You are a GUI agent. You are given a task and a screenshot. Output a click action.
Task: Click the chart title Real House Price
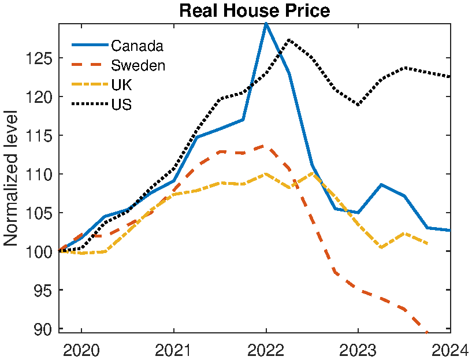tap(254, 11)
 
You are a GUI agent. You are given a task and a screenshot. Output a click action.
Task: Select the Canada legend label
tap(137, 46)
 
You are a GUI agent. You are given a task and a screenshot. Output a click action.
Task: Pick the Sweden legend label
tap(138, 65)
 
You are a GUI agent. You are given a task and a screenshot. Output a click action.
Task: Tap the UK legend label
tap(121, 85)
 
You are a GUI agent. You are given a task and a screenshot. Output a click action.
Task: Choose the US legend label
tap(121, 105)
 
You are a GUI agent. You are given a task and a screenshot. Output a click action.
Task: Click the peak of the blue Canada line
tap(266, 24)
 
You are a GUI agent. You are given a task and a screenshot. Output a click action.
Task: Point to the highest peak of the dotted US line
tap(289, 40)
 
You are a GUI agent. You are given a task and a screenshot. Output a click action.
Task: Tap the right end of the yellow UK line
tap(427, 244)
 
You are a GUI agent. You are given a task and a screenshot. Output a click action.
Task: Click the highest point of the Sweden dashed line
tap(266, 146)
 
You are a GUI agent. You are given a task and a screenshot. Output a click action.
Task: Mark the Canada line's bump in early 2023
tap(381, 184)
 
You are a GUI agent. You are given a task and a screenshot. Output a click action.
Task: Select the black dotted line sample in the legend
tap(90, 105)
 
